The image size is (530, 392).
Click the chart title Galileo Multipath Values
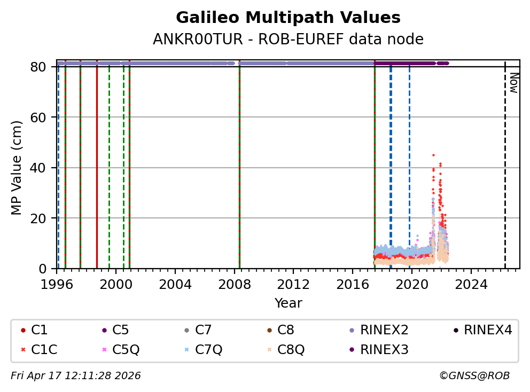[288, 18]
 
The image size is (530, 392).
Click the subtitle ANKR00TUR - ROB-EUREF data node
[288, 39]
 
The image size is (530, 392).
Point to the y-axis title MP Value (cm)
[17, 168]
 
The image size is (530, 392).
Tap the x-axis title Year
[288, 303]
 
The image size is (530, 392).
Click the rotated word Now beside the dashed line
[513, 83]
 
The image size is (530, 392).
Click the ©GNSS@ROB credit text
[474, 376]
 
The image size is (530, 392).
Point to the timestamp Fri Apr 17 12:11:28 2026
[76, 376]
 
